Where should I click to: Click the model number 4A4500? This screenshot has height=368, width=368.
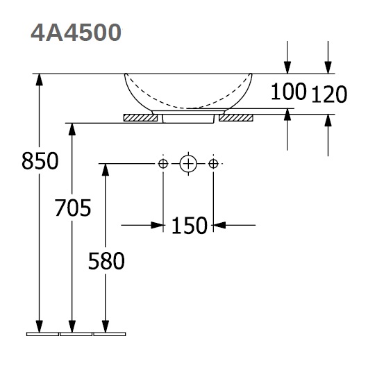coord(76,33)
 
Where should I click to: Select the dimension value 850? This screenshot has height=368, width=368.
coord(40,161)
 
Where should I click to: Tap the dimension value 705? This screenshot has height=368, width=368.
coord(73,208)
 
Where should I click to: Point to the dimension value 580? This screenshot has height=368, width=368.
coord(106,260)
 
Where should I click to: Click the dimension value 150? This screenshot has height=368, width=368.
coord(190,226)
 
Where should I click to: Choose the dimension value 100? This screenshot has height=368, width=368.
coord(288,91)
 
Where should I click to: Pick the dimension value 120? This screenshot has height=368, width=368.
coord(329,94)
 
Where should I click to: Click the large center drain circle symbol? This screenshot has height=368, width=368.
coord(188,164)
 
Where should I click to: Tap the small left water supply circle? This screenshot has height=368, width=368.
coord(163,164)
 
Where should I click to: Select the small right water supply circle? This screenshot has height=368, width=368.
coord(213,164)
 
